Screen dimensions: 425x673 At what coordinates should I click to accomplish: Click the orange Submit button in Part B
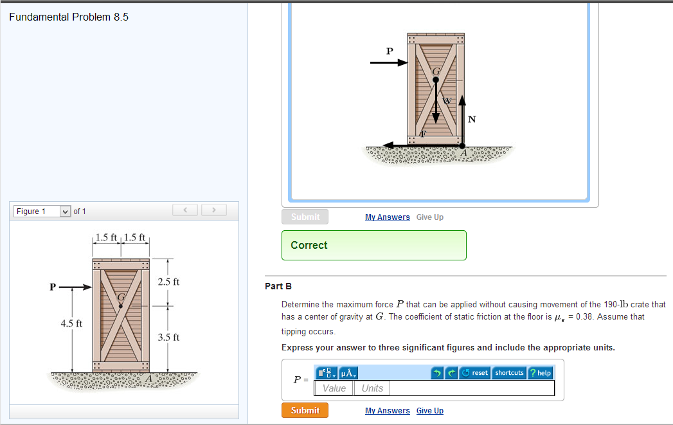click(305, 410)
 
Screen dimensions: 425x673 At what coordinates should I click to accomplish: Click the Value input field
click(334, 388)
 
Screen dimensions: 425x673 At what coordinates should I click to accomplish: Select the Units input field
click(372, 388)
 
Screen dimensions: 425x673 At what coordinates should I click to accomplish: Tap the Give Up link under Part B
click(429, 411)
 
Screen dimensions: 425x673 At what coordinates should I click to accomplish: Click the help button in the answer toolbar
click(540, 373)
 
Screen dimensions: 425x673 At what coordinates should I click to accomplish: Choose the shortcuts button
click(509, 373)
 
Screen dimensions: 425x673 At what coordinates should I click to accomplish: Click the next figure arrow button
click(214, 210)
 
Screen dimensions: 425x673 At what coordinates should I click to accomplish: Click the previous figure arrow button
click(186, 210)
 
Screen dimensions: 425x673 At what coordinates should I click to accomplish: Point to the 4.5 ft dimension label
click(71, 323)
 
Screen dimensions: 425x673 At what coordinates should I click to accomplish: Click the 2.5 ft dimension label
click(168, 282)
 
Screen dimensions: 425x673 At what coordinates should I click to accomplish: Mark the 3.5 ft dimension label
click(168, 337)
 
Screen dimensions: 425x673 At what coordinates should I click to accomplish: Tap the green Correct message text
click(309, 245)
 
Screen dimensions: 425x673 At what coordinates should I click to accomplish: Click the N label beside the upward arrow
click(472, 120)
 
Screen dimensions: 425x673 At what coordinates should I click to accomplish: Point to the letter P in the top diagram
click(389, 50)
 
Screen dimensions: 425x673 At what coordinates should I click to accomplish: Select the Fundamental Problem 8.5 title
click(69, 17)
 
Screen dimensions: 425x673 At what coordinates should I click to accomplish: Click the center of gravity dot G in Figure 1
click(121, 307)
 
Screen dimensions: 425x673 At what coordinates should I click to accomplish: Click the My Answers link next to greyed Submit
click(387, 217)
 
